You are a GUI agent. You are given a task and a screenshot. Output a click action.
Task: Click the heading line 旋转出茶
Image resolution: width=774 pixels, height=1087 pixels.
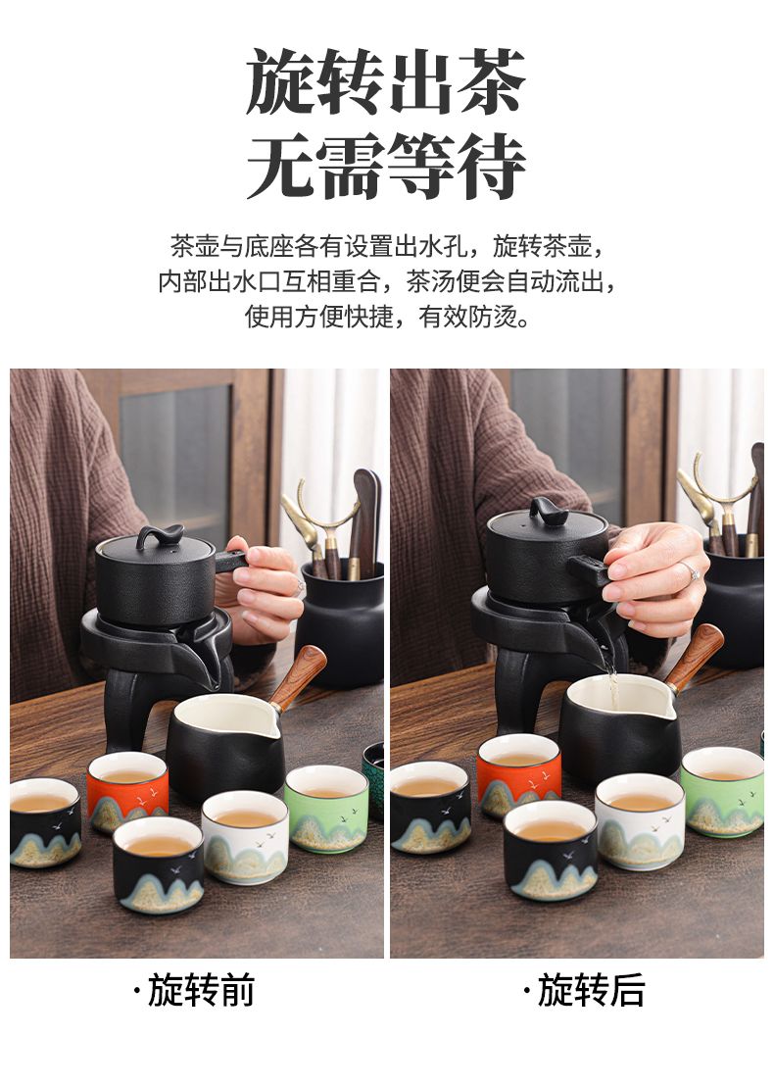(386, 81)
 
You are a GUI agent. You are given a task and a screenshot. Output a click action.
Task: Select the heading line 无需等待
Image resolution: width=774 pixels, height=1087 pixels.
(386, 167)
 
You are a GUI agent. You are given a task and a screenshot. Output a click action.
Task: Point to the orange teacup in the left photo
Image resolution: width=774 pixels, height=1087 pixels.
(127, 790)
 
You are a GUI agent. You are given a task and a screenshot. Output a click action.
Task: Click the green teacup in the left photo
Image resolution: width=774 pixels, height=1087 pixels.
(325, 809)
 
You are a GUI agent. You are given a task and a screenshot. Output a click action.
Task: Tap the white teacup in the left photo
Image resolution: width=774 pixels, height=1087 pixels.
(245, 837)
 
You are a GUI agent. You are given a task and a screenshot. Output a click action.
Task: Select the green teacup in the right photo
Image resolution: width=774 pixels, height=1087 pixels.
(722, 791)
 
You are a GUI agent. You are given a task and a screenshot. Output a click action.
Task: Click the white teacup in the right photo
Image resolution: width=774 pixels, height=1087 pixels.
(640, 821)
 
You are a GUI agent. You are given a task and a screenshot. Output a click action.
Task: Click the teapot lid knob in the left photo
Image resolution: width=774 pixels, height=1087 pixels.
(160, 536)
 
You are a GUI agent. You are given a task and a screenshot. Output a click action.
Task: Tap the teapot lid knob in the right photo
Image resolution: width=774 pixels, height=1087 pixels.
(549, 511)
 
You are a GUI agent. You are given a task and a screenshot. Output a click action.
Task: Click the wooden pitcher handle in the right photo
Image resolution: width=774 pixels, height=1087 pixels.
(695, 655)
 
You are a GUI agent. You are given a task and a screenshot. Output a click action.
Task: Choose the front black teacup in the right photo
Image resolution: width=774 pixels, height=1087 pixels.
(551, 849)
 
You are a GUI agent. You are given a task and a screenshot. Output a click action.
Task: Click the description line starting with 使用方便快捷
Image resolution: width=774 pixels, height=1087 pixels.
(387, 317)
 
